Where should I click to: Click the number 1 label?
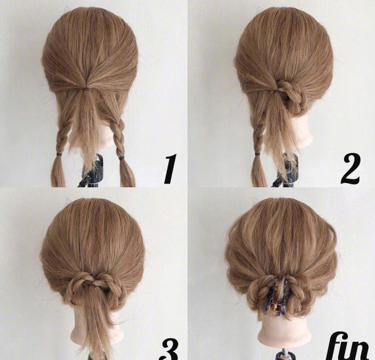(x=170, y=169)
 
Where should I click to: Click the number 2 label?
(x=351, y=169)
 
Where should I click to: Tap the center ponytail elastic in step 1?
(x=85, y=90)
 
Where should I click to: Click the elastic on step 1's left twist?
(x=58, y=155)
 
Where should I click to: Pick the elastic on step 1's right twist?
(x=122, y=158)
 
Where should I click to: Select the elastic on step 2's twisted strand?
(x=257, y=154)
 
